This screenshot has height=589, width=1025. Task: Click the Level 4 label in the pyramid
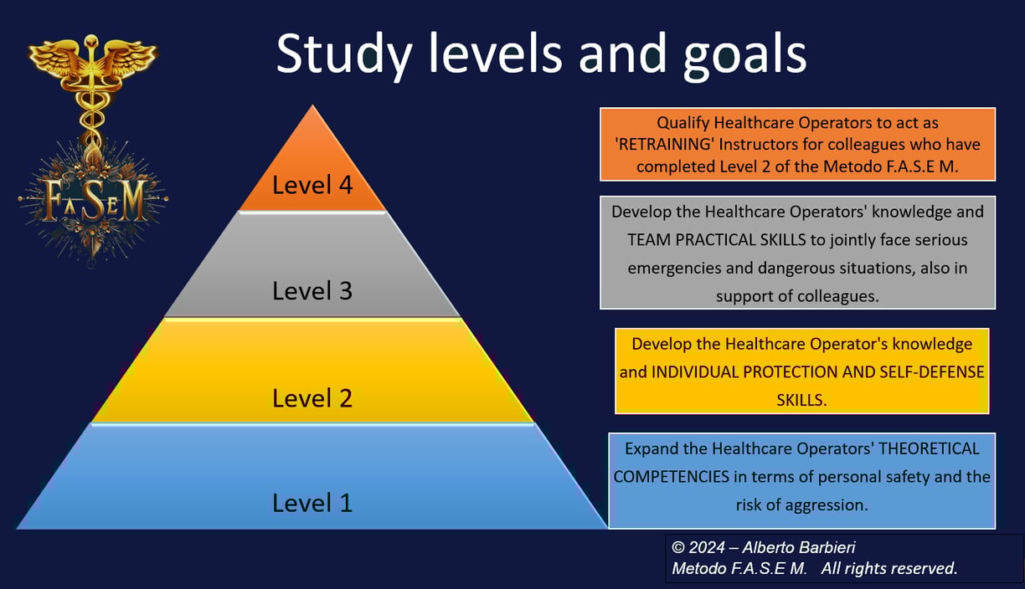[x=312, y=185]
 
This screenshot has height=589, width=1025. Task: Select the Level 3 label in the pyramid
[x=312, y=290]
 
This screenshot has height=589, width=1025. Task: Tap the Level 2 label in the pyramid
[x=312, y=398]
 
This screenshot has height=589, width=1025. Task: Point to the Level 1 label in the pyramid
[x=312, y=503]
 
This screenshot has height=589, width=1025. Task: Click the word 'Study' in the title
[x=345, y=55]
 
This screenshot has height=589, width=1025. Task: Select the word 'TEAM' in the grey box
[x=648, y=240]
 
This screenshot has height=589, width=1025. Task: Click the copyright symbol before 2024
[x=678, y=547]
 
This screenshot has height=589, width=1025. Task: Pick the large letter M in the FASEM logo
[x=133, y=200]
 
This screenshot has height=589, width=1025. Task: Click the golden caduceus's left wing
[x=56, y=60]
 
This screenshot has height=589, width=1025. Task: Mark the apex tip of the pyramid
[x=312, y=105]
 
